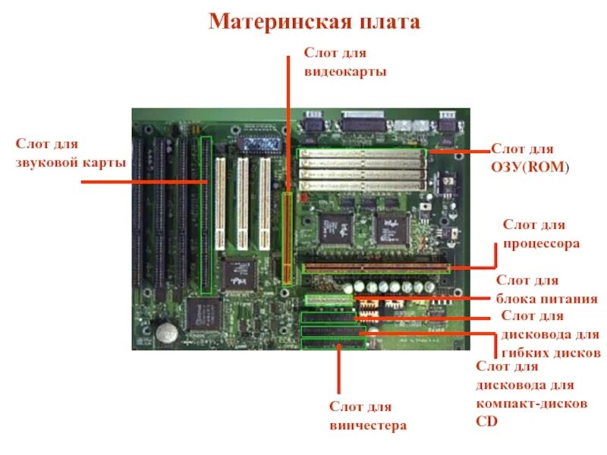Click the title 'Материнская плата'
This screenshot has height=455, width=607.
tap(314, 21)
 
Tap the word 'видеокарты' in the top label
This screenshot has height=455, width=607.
tap(345, 71)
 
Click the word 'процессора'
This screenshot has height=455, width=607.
tap(542, 243)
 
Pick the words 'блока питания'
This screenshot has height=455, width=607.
tap(547, 299)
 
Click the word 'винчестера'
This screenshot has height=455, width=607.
tap(368, 425)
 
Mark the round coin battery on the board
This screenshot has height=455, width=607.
tap(167, 331)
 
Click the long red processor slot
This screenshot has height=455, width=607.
tap(376, 268)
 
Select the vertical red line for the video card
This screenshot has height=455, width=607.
tap(288, 121)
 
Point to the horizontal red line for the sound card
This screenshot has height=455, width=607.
tap(143, 182)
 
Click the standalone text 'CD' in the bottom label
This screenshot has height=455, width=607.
tap(486, 422)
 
